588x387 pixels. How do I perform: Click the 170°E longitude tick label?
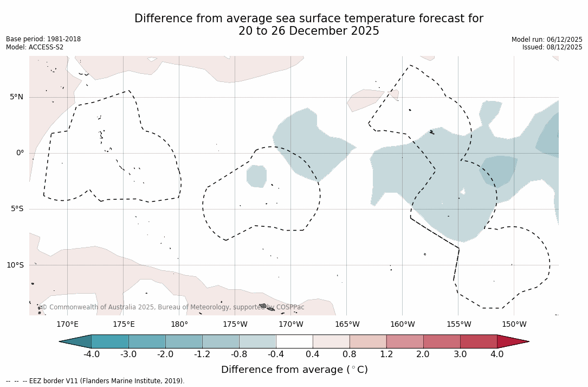coord(67,325)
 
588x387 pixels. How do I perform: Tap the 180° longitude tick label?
coord(179,325)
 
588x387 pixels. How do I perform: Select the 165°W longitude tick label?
coord(347,325)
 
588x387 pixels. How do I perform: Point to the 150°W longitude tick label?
coord(514,325)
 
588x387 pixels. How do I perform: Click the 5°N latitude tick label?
coord(16,97)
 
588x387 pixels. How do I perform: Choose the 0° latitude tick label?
coord(20,153)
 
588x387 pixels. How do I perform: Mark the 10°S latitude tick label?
coord(15,265)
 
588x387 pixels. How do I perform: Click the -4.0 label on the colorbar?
coord(91,354)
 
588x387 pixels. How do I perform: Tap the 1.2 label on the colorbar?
coord(386,354)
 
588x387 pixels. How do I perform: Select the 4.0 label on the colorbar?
coord(497,354)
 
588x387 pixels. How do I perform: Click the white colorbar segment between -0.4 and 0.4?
coord(294,341)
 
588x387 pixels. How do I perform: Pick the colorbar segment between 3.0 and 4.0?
coord(479,341)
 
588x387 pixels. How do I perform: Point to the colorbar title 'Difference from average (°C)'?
coord(294,370)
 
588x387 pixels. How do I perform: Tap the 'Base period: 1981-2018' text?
coord(43,39)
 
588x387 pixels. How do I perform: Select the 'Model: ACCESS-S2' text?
coord(35,47)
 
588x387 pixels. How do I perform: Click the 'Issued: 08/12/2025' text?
coord(552,47)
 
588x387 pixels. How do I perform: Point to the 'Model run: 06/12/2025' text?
coord(547,40)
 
